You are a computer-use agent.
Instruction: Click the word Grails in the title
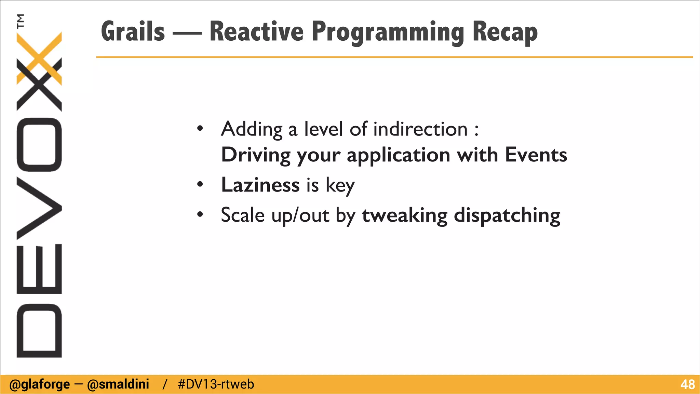pos(133,31)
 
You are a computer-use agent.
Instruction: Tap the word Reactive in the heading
pos(256,31)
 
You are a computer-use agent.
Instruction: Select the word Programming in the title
pos(388,33)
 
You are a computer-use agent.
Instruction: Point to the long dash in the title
pos(187,34)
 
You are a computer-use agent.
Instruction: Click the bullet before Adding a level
pos(200,129)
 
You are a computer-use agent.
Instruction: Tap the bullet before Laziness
pos(200,185)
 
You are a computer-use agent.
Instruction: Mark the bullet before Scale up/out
pos(200,215)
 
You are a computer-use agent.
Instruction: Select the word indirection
pos(420,129)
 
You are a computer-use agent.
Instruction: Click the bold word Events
pos(536,155)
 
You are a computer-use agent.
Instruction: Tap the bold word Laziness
pos(260,185)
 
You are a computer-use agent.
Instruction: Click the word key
pos(340,186)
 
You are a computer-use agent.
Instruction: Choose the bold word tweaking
pos(404,215)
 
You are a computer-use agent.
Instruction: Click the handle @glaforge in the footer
pos(39,384)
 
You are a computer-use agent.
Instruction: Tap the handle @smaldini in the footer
pos(118,384)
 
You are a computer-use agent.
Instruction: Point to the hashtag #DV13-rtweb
pos(216,384)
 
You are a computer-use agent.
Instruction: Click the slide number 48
pos(687,385)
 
